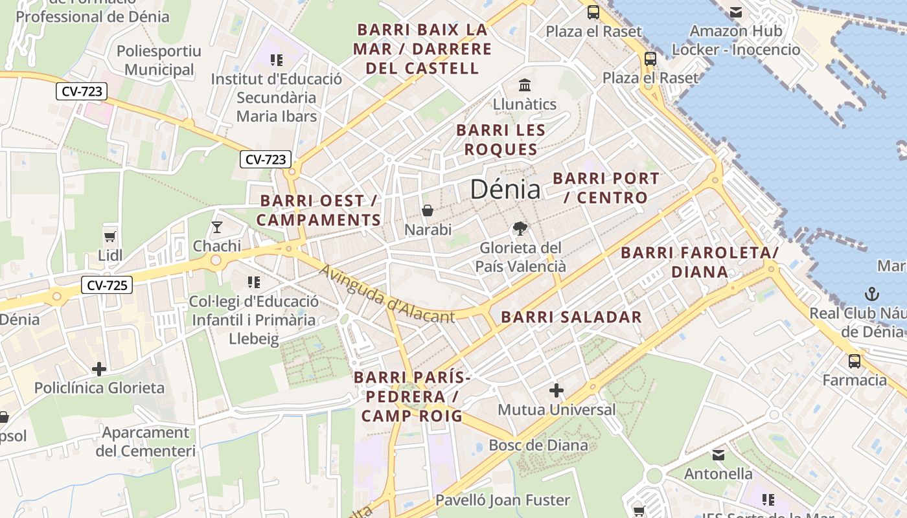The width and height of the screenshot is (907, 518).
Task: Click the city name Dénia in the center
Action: click(505, 189)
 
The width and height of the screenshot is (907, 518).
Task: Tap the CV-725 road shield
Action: click(107, 284)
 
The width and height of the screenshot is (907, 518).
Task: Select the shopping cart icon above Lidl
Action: click(109, 237)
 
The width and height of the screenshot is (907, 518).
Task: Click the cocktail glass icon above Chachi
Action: click(216, 227)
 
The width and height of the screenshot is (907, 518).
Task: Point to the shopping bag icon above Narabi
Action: click(428, 210)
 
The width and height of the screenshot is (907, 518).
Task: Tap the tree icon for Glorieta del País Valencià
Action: click(520, 228)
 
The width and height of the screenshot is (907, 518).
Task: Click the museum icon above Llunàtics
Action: click(524, 85)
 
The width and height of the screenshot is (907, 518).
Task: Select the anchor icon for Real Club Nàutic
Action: click(872, 294)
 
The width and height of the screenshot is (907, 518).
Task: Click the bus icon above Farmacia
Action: click(854, 361)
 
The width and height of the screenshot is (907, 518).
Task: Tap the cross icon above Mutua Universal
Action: click(556, 390)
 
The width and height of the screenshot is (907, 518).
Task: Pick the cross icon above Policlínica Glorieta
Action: click(99, 369)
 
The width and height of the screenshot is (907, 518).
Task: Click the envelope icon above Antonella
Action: click(718, 455)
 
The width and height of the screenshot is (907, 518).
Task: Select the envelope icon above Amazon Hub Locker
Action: click(735, 12)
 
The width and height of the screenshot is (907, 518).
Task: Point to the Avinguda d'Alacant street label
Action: click(387, 294)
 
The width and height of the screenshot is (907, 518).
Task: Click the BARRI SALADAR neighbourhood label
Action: click(571, 317)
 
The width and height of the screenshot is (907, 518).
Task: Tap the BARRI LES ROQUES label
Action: click(501, 140)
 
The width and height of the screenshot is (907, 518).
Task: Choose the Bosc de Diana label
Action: click(538, 445)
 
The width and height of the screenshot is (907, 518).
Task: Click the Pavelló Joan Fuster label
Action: click(503, 500)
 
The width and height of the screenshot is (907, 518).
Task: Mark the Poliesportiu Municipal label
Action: click(159, 60)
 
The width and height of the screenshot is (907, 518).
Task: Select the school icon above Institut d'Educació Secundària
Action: click(277, 60)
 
